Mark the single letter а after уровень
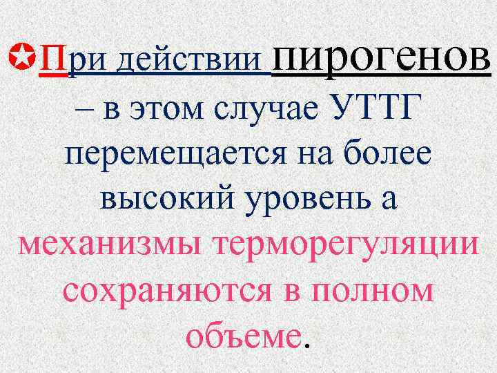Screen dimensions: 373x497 pos(389,201)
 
